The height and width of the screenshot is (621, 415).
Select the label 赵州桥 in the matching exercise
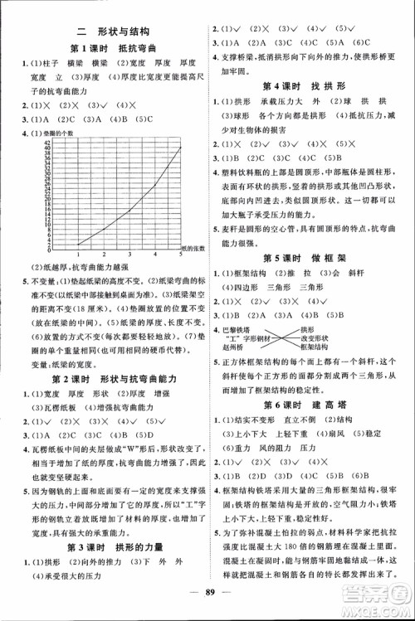click(x=235, y=347)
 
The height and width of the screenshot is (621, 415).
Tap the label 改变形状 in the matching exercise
click(x=313, y=338)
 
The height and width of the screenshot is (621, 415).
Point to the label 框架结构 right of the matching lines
click(x=313, y=347)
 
